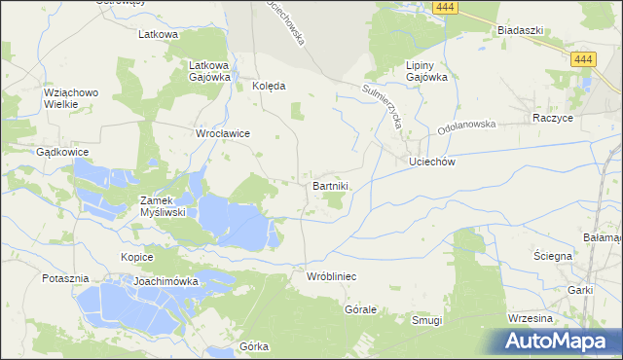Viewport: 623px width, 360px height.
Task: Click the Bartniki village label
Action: click(x=331, y=185)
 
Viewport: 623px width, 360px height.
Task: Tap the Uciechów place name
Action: click(x=432, y=162)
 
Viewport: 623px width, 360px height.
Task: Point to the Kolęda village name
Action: click(x=269, y=86)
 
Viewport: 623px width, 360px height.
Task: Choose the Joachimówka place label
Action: click(x=166, y=281)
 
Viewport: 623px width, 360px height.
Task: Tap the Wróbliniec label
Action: click(x=331, y=277)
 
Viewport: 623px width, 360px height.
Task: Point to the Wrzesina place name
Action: click(x=531, y=319)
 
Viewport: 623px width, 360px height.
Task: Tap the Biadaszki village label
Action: click(x=519, y=30)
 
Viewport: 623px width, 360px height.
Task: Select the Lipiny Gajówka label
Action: click(x=425, y=71)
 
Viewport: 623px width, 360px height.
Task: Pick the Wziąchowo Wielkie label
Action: click(x=71, y=99)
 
